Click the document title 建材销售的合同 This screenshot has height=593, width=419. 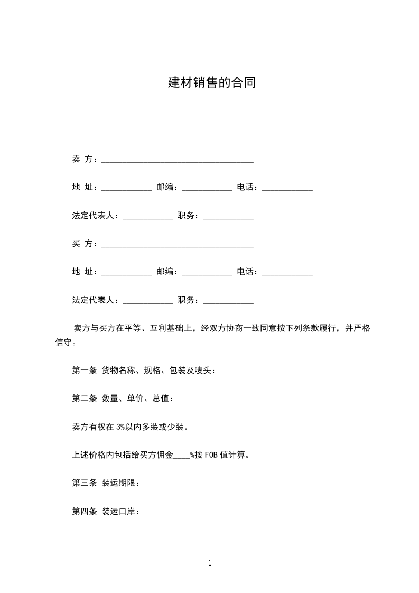click(x=212, y=83)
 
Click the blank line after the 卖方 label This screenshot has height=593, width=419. click(x=177, y=160)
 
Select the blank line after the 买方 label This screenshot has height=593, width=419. click(x=177, y=245)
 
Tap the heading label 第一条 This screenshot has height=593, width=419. click(x=84, y=370)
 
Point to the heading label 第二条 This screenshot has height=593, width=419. click(x=84, y=399)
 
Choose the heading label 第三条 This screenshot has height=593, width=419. click(x=84, y=483)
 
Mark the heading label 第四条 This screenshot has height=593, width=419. click(x=84, y=511)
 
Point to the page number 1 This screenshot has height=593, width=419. click(x=210, y=563)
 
